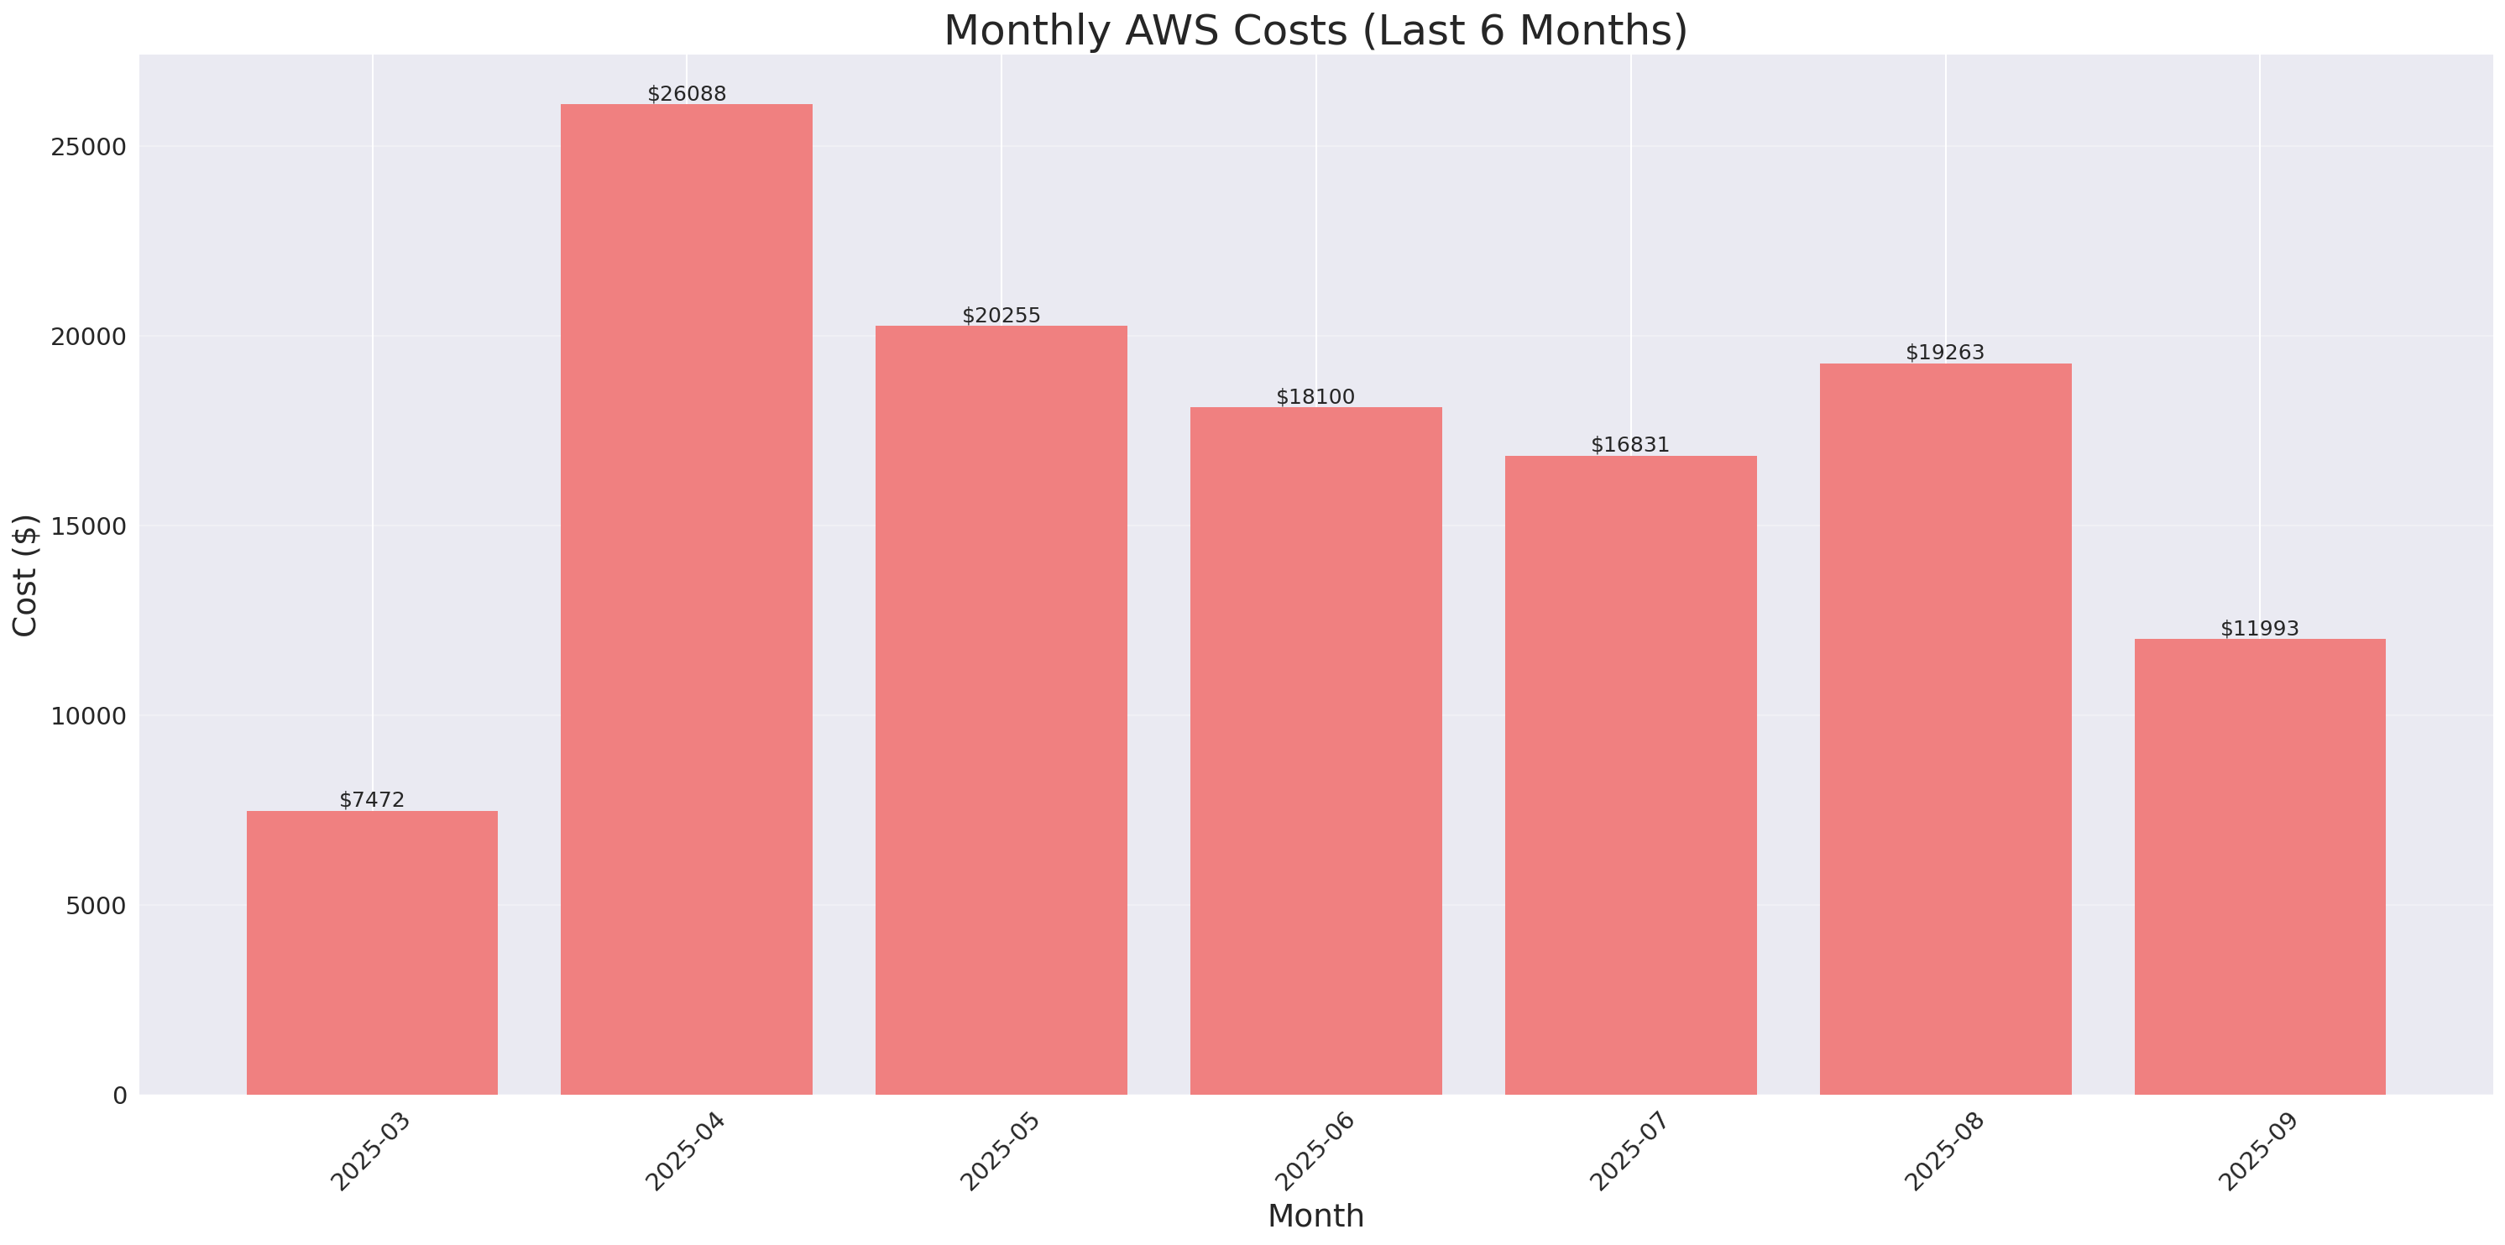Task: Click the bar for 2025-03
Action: [372, 952]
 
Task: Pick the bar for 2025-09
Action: [2260, 866]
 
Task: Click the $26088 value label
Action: [687, 94]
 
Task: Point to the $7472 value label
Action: [372, 799]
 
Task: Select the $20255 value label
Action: [1001, 315]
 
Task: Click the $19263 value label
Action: [1945, 352]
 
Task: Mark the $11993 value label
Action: [2260, 628]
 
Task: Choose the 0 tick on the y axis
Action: [119, 1096]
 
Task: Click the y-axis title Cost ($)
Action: [24, 575]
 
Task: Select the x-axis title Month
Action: [1315, 1216]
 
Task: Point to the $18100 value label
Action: [1315, 397]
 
